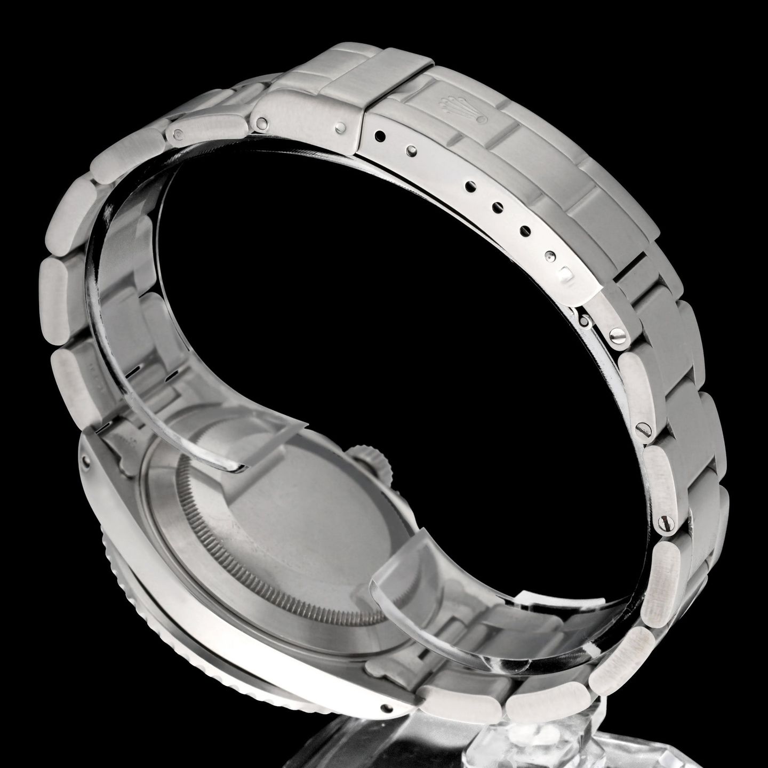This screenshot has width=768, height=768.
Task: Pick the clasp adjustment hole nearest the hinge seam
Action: (x=381, y=136)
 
